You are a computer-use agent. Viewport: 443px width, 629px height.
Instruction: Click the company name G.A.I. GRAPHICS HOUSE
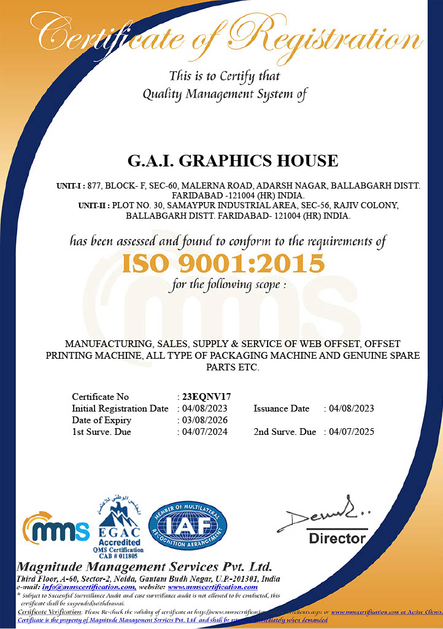pyautogui.click(x=233, y=161)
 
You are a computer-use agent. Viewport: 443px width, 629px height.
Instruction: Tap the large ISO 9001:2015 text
pyautogui.click(x=223, y=264)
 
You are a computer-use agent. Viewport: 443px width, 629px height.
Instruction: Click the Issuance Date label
pyautogui.click(x=282, y=408)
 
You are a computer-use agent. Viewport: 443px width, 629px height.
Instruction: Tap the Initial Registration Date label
pyautogui.click(x=120, y=408)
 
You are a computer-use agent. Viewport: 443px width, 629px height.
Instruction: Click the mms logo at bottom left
pyautogui.click(x=56, y=529)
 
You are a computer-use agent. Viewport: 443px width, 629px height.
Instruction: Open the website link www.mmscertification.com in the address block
pyautogui.click(x=213, y=587)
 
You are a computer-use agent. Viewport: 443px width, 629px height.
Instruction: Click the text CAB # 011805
pyautogui.click(x=118, y=555)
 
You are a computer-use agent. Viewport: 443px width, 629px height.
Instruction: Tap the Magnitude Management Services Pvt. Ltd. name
pyautogui.click(x=144, y=566)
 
